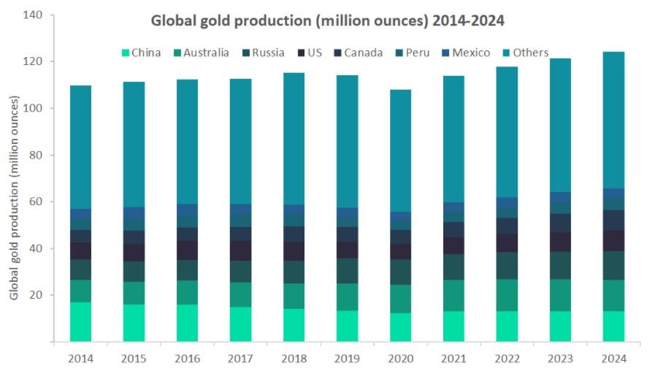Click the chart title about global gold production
pos(327,20)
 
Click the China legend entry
pos(141,53)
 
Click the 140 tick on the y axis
pos(33,15)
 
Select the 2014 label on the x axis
pos(80,359)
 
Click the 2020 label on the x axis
pos(401,359)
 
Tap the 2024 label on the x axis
pos(614,359)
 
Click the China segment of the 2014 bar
pos(80,321)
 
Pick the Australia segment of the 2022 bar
pos(507,295)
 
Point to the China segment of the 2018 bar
pos(294,325)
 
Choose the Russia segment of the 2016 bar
pos(187,270)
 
